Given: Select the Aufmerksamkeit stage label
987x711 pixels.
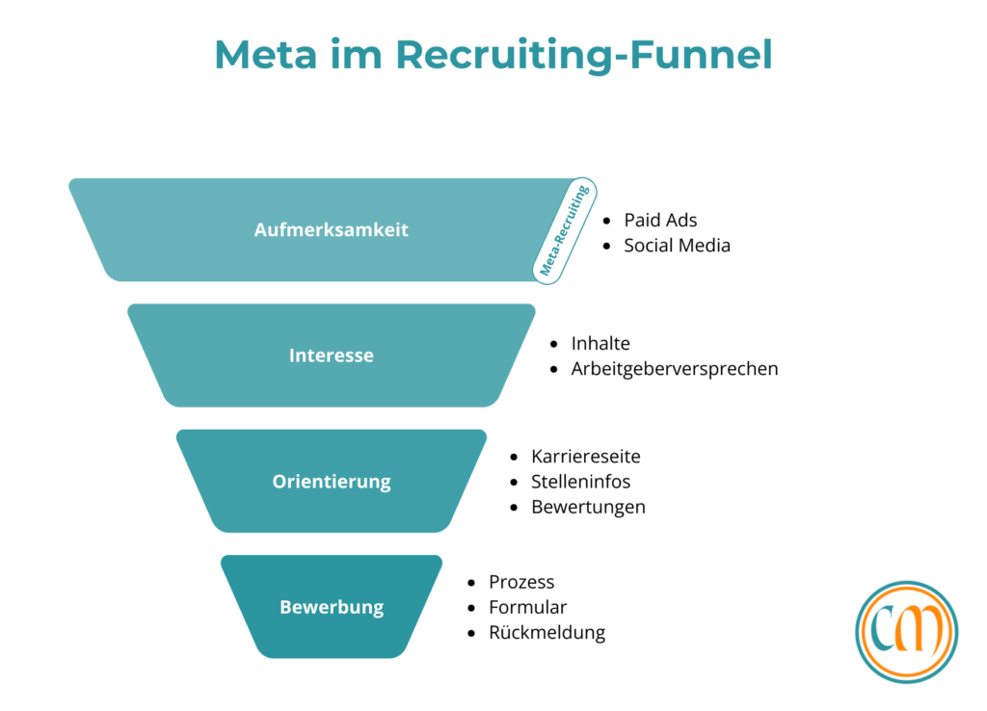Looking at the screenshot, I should [x=332, y=230].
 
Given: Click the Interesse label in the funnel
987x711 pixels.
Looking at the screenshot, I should [x=332, y=355].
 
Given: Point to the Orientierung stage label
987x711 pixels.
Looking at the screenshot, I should [x=332, y=482].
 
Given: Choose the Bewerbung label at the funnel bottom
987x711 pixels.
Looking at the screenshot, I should [x=332, y=607].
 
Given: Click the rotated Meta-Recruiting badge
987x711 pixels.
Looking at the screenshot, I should [x=565, y=231].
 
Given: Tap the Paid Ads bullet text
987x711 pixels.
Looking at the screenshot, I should [x=660, y=221].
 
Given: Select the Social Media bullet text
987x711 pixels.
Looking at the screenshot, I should [x=677, y=246].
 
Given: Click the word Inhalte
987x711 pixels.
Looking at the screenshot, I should [x=600, y=344].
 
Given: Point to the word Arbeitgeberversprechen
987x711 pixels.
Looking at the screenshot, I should [x=675, y=369].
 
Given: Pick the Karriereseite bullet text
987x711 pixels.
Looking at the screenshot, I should [x=586, y=457].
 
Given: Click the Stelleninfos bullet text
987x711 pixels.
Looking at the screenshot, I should [x=581, y=482].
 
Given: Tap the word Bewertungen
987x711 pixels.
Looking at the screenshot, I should [x=588, y=507].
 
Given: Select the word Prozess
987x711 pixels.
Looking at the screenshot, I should [x=521, y=582].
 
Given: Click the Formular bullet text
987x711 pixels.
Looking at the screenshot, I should [x=527, y=607].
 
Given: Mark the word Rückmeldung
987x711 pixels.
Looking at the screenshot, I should [x=547, y=633].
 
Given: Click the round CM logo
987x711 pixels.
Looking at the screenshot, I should [x=906, y=632].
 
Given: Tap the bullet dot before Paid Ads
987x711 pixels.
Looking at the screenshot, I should [x=607, y=221].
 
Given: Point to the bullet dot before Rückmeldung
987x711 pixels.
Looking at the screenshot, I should [x=471, y=633].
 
